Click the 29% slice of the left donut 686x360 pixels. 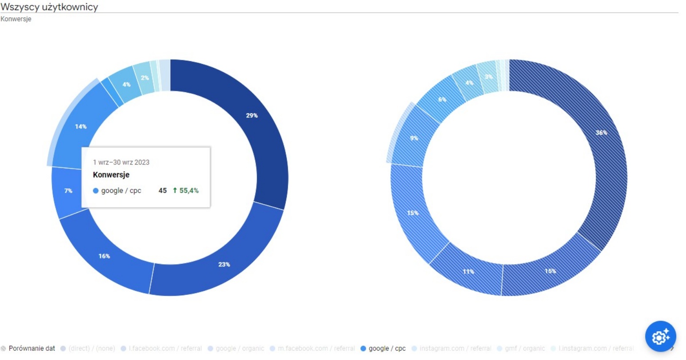point(251,116)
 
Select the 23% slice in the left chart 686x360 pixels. point(224,265)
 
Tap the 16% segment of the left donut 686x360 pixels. point(104,256)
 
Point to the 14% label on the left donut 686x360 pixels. point(81,127)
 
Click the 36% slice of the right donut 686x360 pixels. point(601,133)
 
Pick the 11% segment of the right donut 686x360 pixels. point(468,271)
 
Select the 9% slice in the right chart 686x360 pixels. point(414,138)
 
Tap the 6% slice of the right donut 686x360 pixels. point(442,99)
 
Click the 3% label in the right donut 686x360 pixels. point(488,77)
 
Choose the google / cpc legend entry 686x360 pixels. point(386,348)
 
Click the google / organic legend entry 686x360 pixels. point(239,348)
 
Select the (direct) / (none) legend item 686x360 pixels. point(91,348)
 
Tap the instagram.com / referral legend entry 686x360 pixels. point(455,348)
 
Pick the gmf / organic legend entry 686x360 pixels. point(524,348)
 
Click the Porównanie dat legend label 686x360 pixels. point(31,348)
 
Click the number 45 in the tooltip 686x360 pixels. point(163,191)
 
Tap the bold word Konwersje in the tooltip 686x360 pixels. point(111,175)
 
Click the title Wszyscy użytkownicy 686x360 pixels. point(49,7)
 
